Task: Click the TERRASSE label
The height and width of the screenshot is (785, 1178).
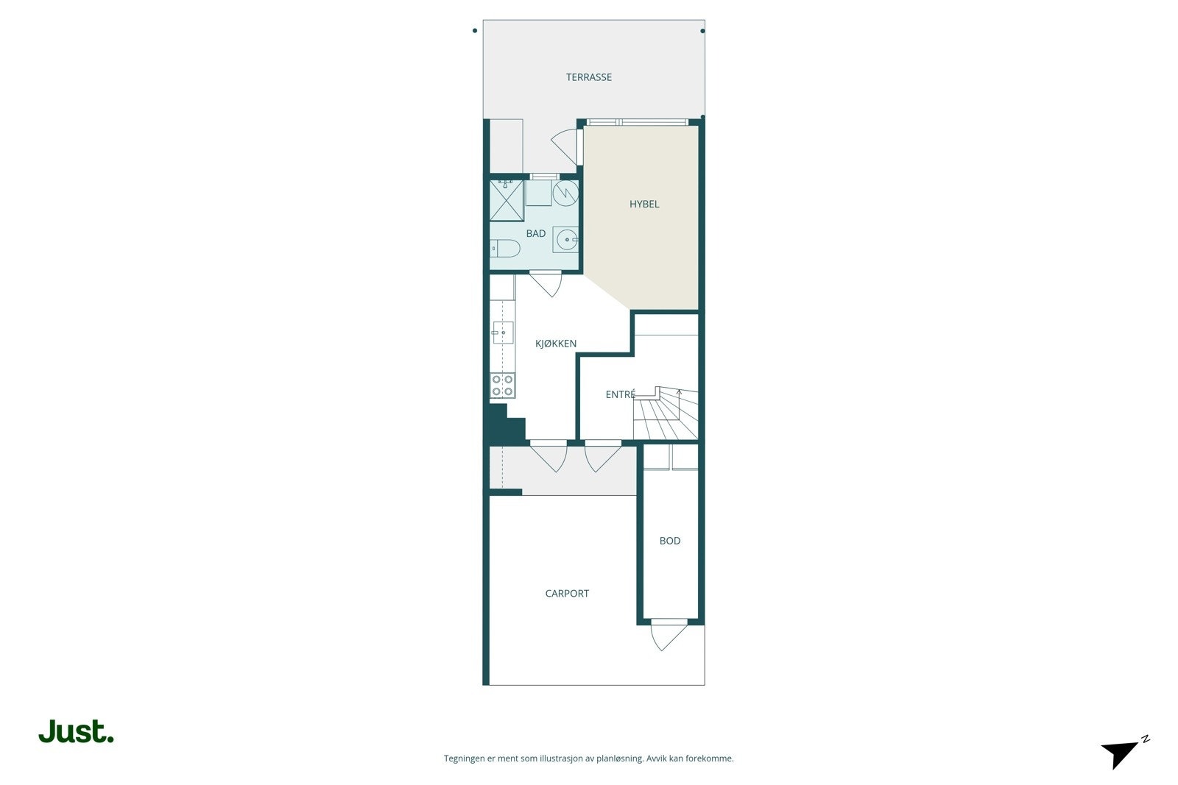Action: (x=588, y=77)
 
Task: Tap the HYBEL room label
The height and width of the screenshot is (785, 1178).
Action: (x=644, y=205)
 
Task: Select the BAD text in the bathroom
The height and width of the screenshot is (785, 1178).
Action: (x=536, y=234)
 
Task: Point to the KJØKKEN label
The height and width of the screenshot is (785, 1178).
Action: (x=556, y=344)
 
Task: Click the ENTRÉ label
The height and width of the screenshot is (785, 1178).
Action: (x=620, y=395)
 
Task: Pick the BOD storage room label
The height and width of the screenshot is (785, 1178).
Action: (x=670, y=541)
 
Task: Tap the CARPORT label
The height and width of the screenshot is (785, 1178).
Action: (x=567, y=594)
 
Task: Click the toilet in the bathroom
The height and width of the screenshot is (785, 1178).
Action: (x=504, y=248)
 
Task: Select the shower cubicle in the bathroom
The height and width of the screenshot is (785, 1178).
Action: (x=507, y=200)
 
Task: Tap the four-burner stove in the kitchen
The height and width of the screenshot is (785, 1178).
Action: (x=503, y=386)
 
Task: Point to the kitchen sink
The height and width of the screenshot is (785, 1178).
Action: (x=503, y=333)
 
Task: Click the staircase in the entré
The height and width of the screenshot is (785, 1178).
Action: (x=666, y=416)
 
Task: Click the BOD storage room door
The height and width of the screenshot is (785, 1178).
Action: (x=668, y=634)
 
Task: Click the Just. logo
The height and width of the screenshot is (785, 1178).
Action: (x=76, y=731)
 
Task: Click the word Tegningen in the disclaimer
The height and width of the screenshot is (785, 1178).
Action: (x=464, y=759)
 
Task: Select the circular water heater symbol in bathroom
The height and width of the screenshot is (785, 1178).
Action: (x=565, y=193)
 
